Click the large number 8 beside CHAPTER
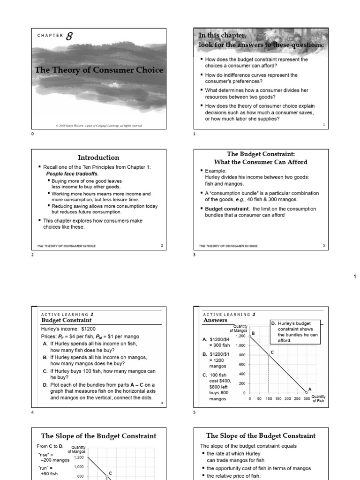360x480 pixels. click(x=69, y=37)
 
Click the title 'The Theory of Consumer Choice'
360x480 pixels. click(x=99, y=70)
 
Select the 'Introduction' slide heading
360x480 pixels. click(x=98, y=157)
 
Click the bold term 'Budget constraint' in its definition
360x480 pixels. click(x=223, y=209)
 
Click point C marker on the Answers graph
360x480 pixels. click(x=269, y=355)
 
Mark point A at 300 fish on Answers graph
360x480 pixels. click(x=307, y=392)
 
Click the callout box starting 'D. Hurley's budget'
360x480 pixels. click(x=294, y=332)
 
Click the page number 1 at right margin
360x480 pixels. click(x=354, y=277)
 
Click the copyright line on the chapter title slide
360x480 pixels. click(x=98, y=126)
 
